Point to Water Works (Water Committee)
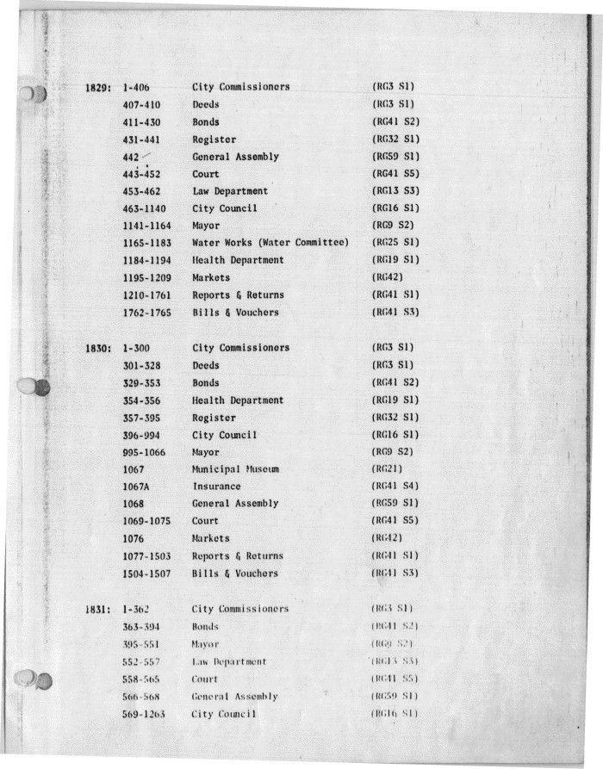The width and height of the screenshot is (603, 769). [270, 243]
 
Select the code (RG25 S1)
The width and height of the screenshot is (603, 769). [394, 243]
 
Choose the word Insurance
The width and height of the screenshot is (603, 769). [216, 487]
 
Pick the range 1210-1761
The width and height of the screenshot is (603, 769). [148, 295]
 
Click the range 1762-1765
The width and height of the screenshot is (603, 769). [148, 313]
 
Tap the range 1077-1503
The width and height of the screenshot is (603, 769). [148, 556]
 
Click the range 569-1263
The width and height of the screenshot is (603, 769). [145, 714]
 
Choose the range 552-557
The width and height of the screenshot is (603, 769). [142, 661]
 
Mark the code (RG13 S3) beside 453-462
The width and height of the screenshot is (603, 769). [395, 191]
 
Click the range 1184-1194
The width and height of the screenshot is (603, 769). [148, 260]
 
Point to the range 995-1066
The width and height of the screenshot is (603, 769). [145, 452]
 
